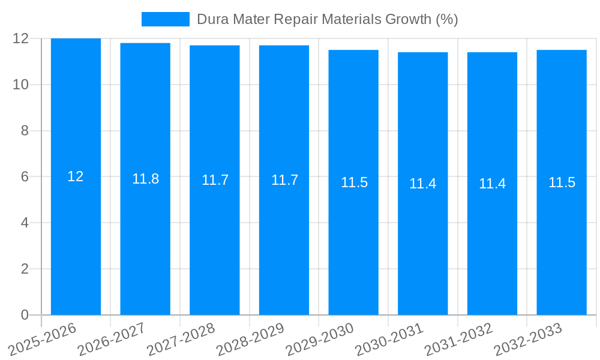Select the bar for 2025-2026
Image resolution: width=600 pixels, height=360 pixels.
pos(76,240)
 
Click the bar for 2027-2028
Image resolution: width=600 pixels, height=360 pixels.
pos(215,240)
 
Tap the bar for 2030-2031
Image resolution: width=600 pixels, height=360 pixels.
pos(423,240)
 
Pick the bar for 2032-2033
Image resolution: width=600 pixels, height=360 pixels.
pos(562,240)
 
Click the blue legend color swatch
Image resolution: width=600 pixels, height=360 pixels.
pos(165,19)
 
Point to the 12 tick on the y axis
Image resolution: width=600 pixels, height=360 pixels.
pos(21,38)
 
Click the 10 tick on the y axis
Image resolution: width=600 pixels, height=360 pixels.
pos(21,85)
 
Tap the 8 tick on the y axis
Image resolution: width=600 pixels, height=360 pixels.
pos(25,131)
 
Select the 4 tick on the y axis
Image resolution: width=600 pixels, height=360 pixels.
pos(25,223)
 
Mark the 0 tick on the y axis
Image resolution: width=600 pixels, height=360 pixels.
pos(25,315)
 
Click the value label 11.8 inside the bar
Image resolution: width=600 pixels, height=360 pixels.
pos(145,179)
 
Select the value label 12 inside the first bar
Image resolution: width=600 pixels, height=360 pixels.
pos(76,176)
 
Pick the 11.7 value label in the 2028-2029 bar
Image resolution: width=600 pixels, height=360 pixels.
pos(284,180)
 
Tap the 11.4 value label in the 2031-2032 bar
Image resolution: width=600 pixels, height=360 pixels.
pos(492,184)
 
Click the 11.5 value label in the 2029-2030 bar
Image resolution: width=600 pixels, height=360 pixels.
pos(354,182)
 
